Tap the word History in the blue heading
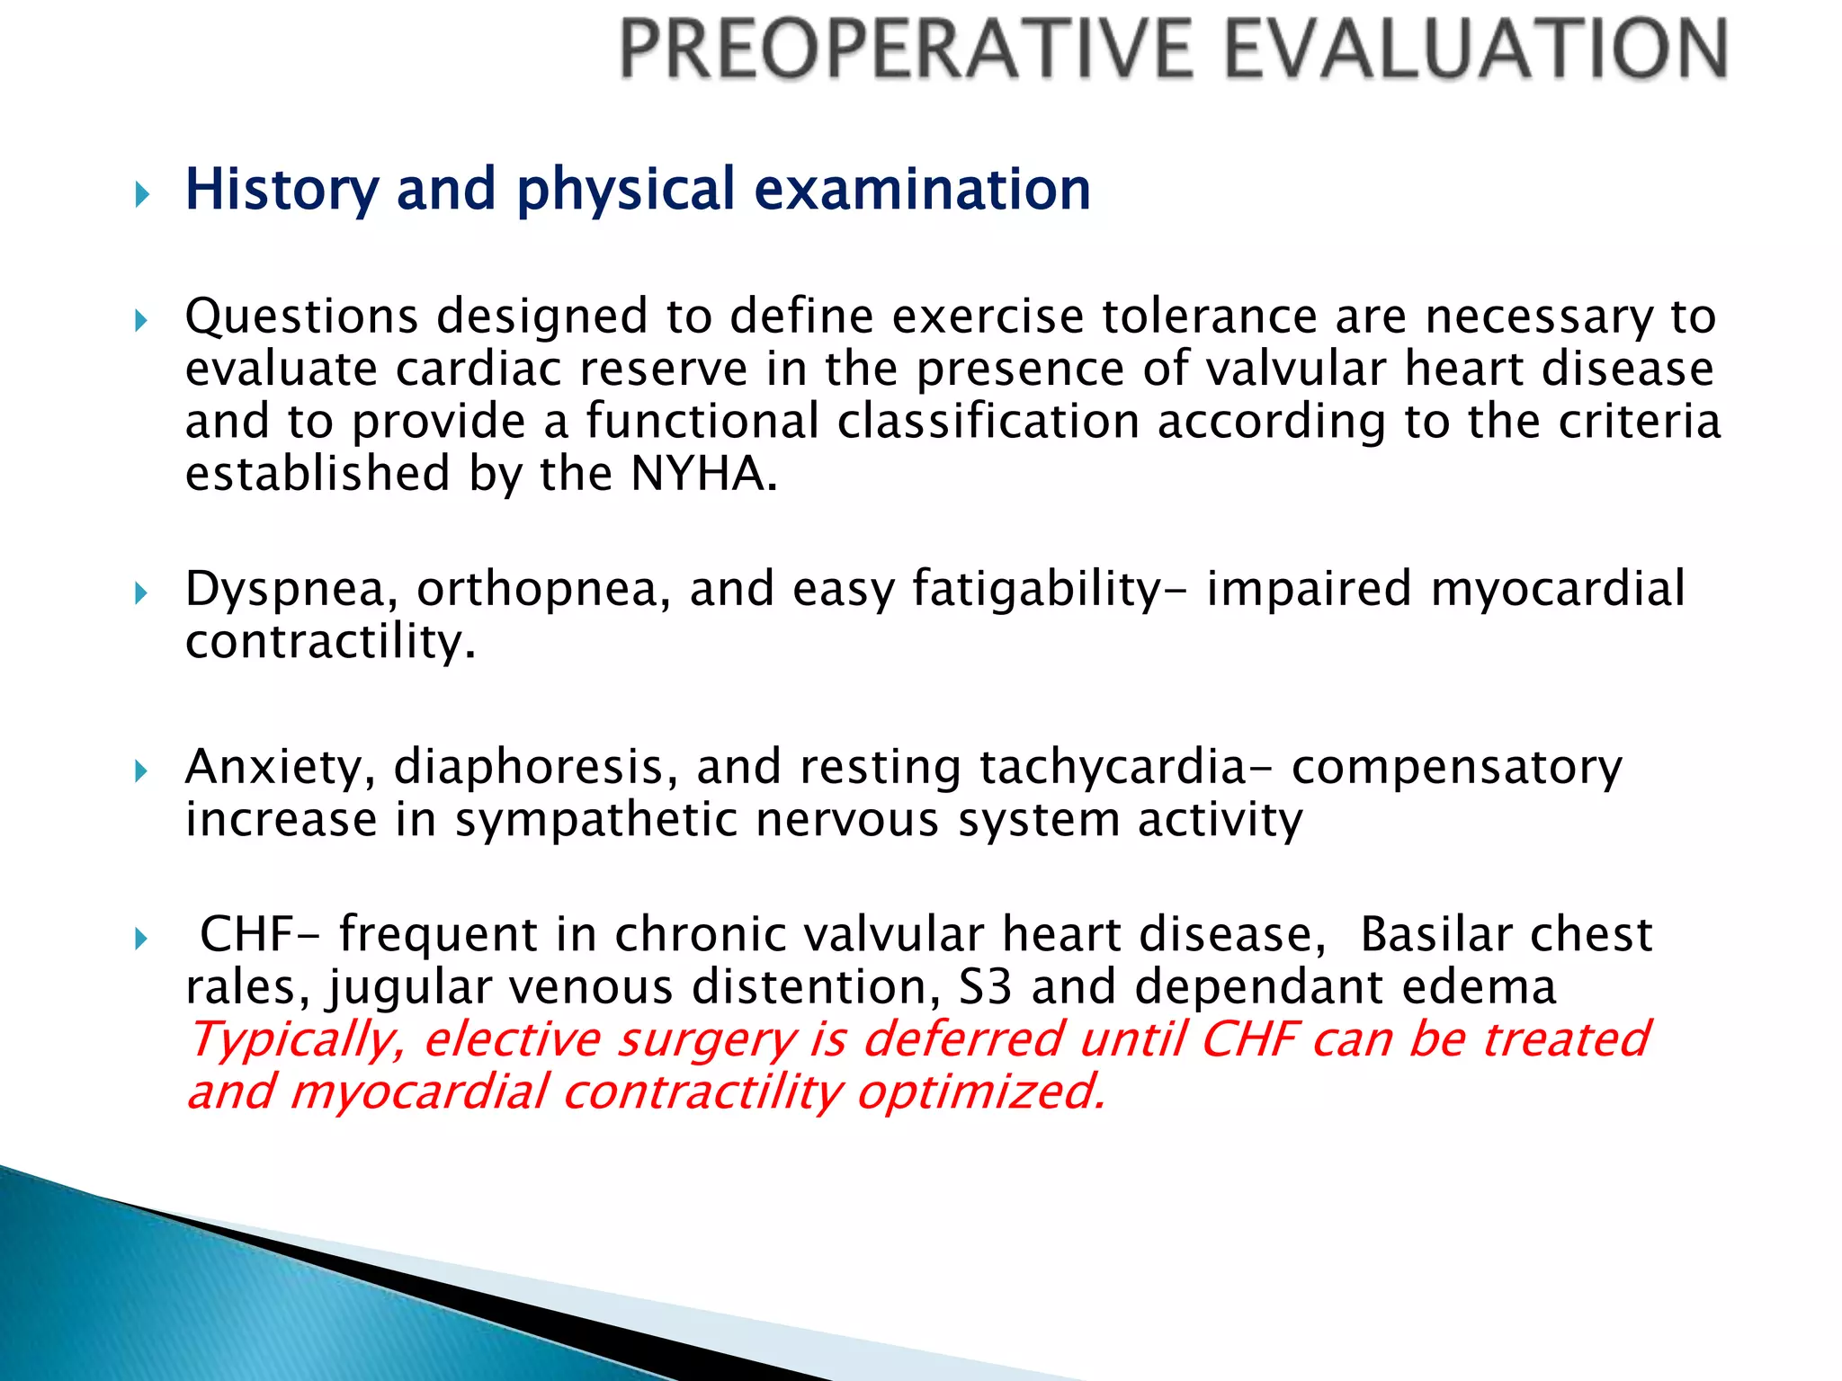pyautogui.click(x=282, y=190)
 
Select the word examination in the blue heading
pyautogui.click(x=922, y=190)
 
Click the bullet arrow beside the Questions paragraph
pyautogui.click(x=141, y=320)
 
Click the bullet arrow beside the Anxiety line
pyautogui.click(x=141, y=771)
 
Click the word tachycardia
pyautogui.click(x=1113, y=769)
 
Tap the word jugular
pyautogui.click(x=409, y=989)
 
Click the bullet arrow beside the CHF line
pyautogui.click(x=141, y=940)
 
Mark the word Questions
pyautogui.click(x=301, y=317)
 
